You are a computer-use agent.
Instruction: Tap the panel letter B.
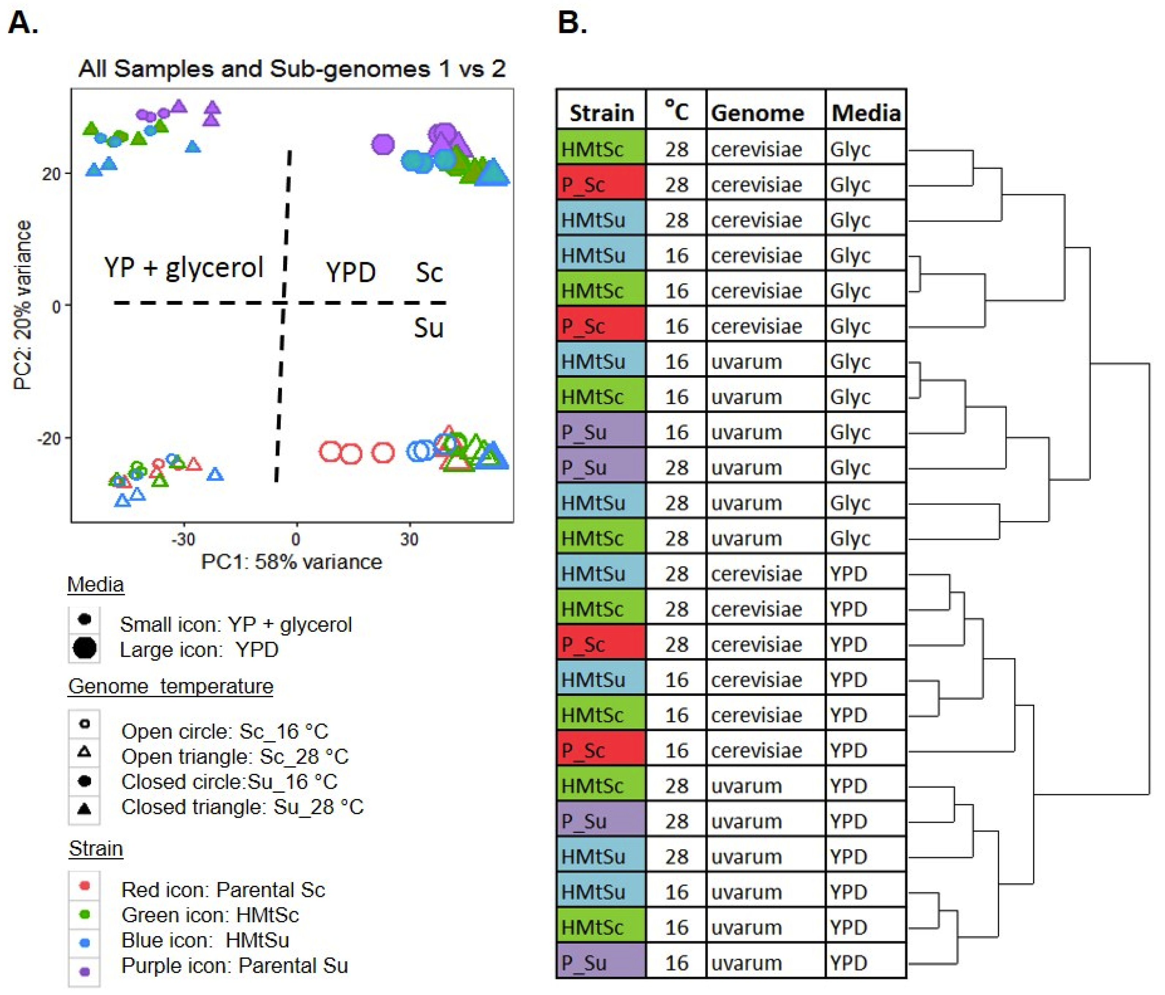(x=572, y=24)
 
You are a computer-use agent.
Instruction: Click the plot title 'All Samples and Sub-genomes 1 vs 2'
(x=292, y=69)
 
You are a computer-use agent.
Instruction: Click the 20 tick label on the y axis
(x=50, y=174)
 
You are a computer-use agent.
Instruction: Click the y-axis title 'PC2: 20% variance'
(x=23, y=305)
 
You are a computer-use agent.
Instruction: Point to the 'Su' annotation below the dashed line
(x=429, y=328)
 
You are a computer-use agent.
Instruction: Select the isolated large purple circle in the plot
(x=383, y=144)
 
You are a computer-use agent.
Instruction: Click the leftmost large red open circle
(x=331, y=451)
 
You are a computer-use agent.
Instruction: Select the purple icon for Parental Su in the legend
(x=85, y=971)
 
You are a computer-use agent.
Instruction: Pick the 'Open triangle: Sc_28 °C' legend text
(x=235, y=757)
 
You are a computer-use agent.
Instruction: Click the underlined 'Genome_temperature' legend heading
(x=170, y=686)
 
